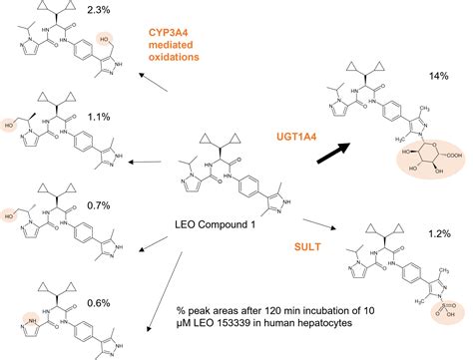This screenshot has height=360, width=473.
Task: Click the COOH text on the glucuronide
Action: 448,187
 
